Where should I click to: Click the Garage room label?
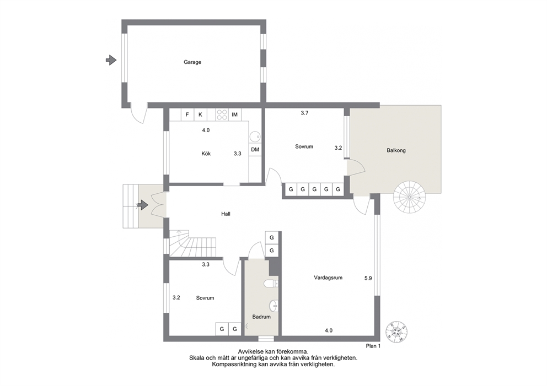click(192, 62)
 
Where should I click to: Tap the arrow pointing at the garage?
click(111, 60)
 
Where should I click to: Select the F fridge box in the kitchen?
click(187, 115)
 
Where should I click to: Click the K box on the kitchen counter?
click(200, 115)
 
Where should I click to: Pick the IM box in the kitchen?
click(234, 115)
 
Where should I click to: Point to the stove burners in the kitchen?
click(222, 115)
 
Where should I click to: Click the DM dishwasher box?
click(255, 149)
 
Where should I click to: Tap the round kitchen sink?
click(255, 136)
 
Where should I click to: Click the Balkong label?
click(396, 150)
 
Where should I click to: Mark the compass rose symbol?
click(396, 331)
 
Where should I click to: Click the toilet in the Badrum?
click(271, 284)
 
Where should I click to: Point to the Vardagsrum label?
click(328, 278)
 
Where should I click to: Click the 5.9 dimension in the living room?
click(368, 279)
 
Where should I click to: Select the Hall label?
click(226, 214)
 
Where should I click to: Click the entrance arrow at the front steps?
click(143, 205)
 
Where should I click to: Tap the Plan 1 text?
click(373, 346)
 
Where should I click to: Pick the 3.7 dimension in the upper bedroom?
click(304, 113)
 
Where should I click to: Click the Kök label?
click(206, 154)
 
